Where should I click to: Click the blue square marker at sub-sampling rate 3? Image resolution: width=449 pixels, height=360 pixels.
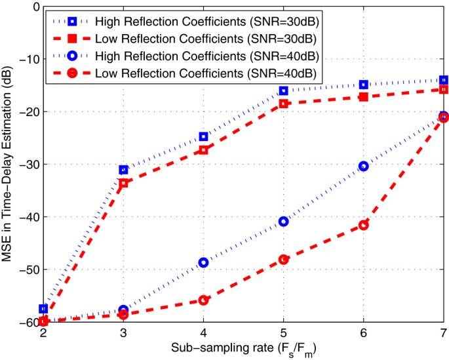[x=123, y=170]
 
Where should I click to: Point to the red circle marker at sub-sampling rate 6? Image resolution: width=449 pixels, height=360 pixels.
[x=364, y=225]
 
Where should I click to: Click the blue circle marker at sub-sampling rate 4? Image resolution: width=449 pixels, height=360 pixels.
[x=203, y=262]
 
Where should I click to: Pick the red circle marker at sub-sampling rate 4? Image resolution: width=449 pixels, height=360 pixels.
[x=203, y=300]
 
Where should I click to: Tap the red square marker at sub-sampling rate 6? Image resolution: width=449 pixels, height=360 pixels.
[x=364, y=96]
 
